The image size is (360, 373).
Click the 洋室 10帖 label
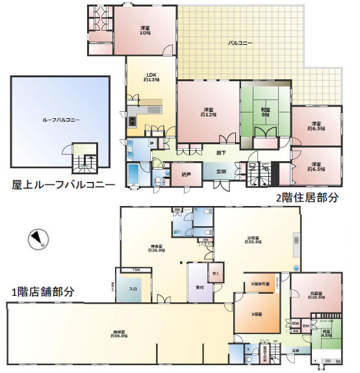tap(145, 30)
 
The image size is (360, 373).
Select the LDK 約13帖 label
tap(149, 77)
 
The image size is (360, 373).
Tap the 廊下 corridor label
tap(222, 153)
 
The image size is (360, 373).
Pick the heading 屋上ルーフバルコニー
tap(63, 185)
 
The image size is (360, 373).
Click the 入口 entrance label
tap(133, 289)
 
